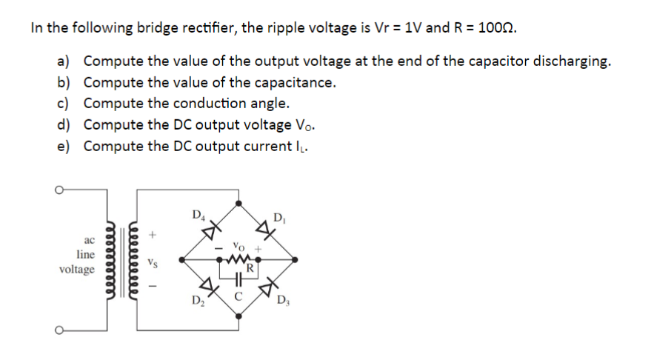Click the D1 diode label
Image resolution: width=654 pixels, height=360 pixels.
click(278, 217)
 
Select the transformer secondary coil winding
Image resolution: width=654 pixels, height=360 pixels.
click(132, 260)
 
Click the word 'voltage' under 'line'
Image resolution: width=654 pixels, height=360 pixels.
click(77, 269)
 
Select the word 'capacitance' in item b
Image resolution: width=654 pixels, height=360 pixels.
click(292, 82)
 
